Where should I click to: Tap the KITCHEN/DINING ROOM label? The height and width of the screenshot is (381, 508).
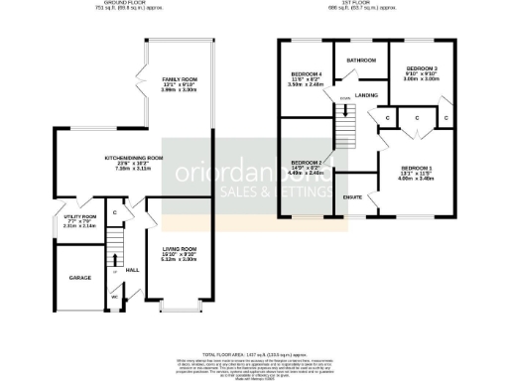coord(134,158)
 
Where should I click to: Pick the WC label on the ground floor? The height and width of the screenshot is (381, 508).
coord(114,296)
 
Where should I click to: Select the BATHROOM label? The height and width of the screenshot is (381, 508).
coord(358,60)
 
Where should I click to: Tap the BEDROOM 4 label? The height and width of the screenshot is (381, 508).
coord(307,75)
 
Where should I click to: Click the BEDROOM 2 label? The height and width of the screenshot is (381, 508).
coord(307,162)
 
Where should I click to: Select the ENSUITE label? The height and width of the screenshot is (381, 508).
coord(351,198)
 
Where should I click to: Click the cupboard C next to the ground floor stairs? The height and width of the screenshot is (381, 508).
coord(115,211)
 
